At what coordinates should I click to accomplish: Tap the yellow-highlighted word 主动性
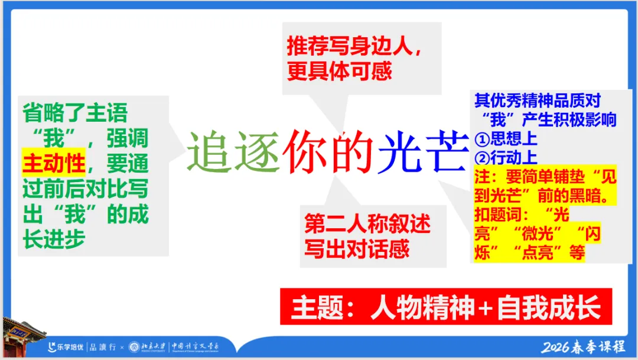tap(54, 164)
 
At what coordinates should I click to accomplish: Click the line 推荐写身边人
tap(354, 47)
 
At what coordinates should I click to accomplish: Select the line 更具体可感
tap(340, 72)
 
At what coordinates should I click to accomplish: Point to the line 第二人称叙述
tap(367, 225)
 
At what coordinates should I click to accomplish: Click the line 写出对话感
tap(357, 249)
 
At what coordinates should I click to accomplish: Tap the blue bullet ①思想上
tap(506, 139)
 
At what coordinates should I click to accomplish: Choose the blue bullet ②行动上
tap(506, 158)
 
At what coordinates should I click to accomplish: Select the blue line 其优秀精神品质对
tap(538, 101)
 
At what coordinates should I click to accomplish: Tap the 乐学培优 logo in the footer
tap(66, 347)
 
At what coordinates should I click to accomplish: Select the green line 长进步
tap(54, 239)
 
